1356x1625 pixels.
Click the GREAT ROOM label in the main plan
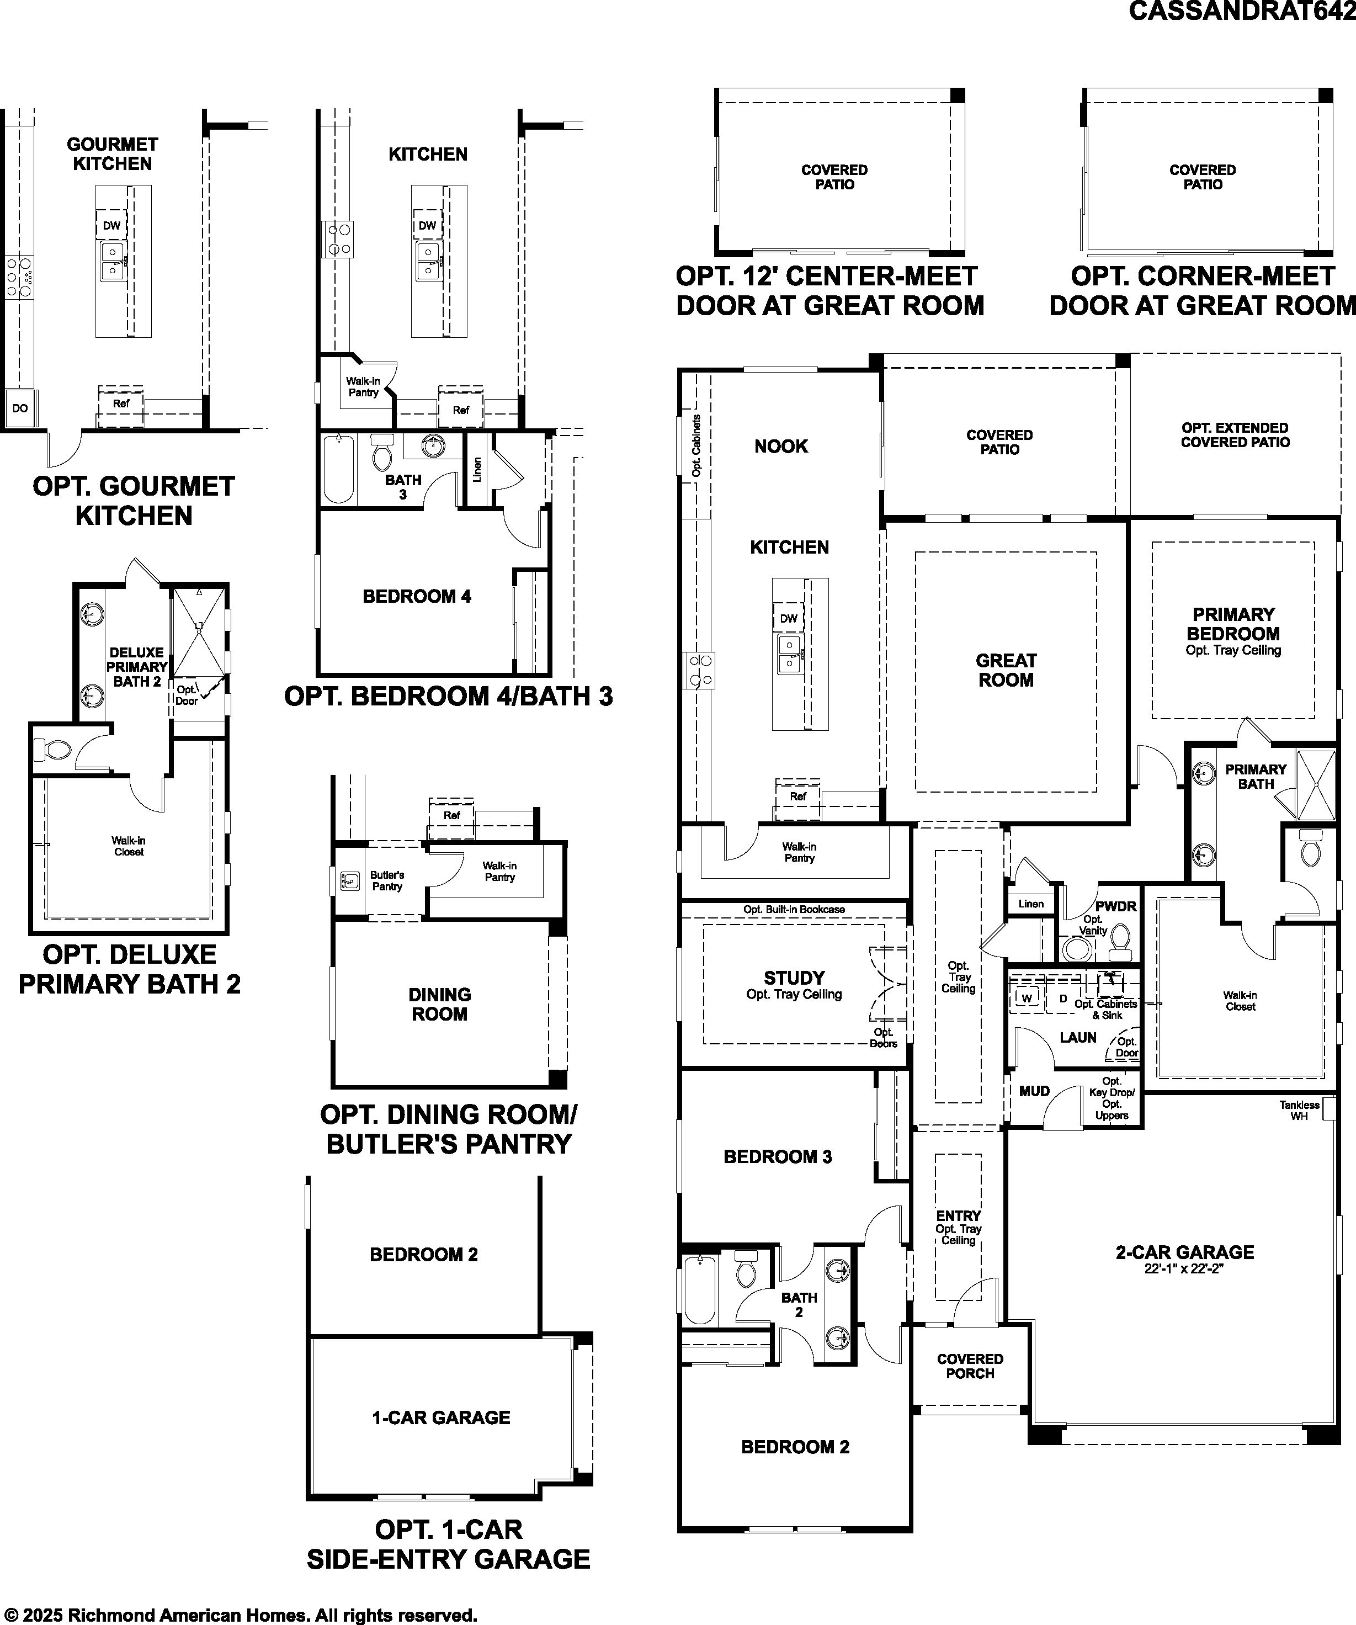pyautogui.click(x=1006, y=670)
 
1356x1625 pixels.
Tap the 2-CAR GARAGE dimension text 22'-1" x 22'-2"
pyautogui.click(x=1184, y=1269)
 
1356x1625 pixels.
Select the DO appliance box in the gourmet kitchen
pyautogui.click(x=20, y=408)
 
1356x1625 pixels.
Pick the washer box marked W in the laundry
pyautogui.click(x=1027, y=998)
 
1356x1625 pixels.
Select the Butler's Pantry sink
pyautogui.click(x=350, y=880)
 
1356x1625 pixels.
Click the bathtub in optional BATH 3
pyautogui.click(x=338, y=469)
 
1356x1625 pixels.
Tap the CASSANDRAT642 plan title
pyautogui.click(x=1242, y=11)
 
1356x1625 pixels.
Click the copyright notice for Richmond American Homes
pyautogui.click(x=239, y=1615)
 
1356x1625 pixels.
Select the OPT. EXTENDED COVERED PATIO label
pyautogui.click(x=1235, y=435)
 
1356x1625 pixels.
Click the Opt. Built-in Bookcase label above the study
pyautogui.click(x=794, y=909)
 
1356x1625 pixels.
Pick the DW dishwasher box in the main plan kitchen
pyautogui.click(x=788, y=618)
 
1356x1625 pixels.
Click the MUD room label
pyautogui.click(x=1034, y=1091)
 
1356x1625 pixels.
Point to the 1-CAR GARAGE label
pyautogui.click(x=441, y=1417)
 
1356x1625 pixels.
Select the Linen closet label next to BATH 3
pyautogui.click(x=477, y=470)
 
